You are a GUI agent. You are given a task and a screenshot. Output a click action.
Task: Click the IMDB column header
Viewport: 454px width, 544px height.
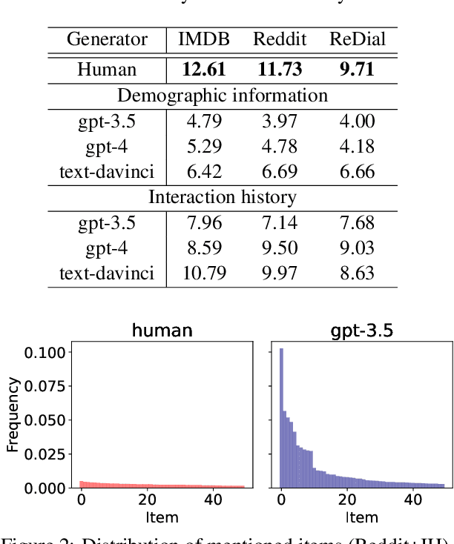205,39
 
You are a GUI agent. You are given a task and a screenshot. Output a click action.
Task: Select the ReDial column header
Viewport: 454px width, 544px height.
358,39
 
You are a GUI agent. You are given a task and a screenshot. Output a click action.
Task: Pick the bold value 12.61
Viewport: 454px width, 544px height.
205,70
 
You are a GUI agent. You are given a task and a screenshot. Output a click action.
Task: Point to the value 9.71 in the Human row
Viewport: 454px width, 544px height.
358,70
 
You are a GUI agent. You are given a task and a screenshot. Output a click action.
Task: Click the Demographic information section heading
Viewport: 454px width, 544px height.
223,96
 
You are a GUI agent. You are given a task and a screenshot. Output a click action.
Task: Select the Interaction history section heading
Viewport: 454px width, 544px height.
223,197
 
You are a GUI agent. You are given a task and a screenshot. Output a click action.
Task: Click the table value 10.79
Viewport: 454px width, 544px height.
205,273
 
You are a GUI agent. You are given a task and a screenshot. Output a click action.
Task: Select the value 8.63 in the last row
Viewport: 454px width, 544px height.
358,273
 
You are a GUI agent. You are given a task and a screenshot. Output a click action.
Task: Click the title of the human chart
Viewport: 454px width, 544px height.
162,331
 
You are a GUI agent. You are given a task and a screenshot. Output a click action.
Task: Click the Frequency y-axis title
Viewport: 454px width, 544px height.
13,414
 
